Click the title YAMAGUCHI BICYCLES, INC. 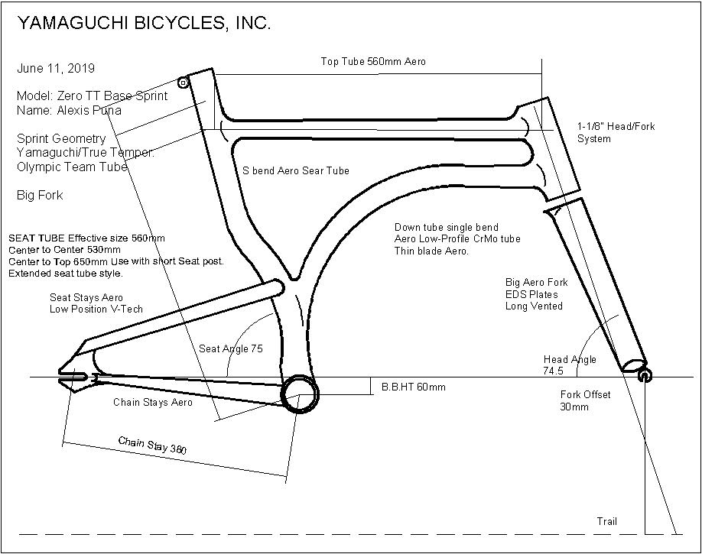tap(144, 24)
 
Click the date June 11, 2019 tap(56, 69)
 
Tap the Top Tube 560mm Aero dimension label tap(373, 61)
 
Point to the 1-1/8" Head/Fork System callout tap(616, 132)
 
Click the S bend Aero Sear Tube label tap(296, 171)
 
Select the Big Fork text tap(40, 196)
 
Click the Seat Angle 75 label tap(231, 348)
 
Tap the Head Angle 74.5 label tap(570, 365)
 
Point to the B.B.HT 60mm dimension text tap(413, 387)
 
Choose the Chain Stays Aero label tap(153, 402)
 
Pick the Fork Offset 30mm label tap(585, 400)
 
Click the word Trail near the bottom tap(606, 522)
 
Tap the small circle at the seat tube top tap(183, 83)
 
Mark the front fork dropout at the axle tap(644, 374)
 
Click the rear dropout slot tap(73, 377)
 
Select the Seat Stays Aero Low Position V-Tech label tap(96, 303)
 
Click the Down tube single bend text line tap(447, 228)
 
